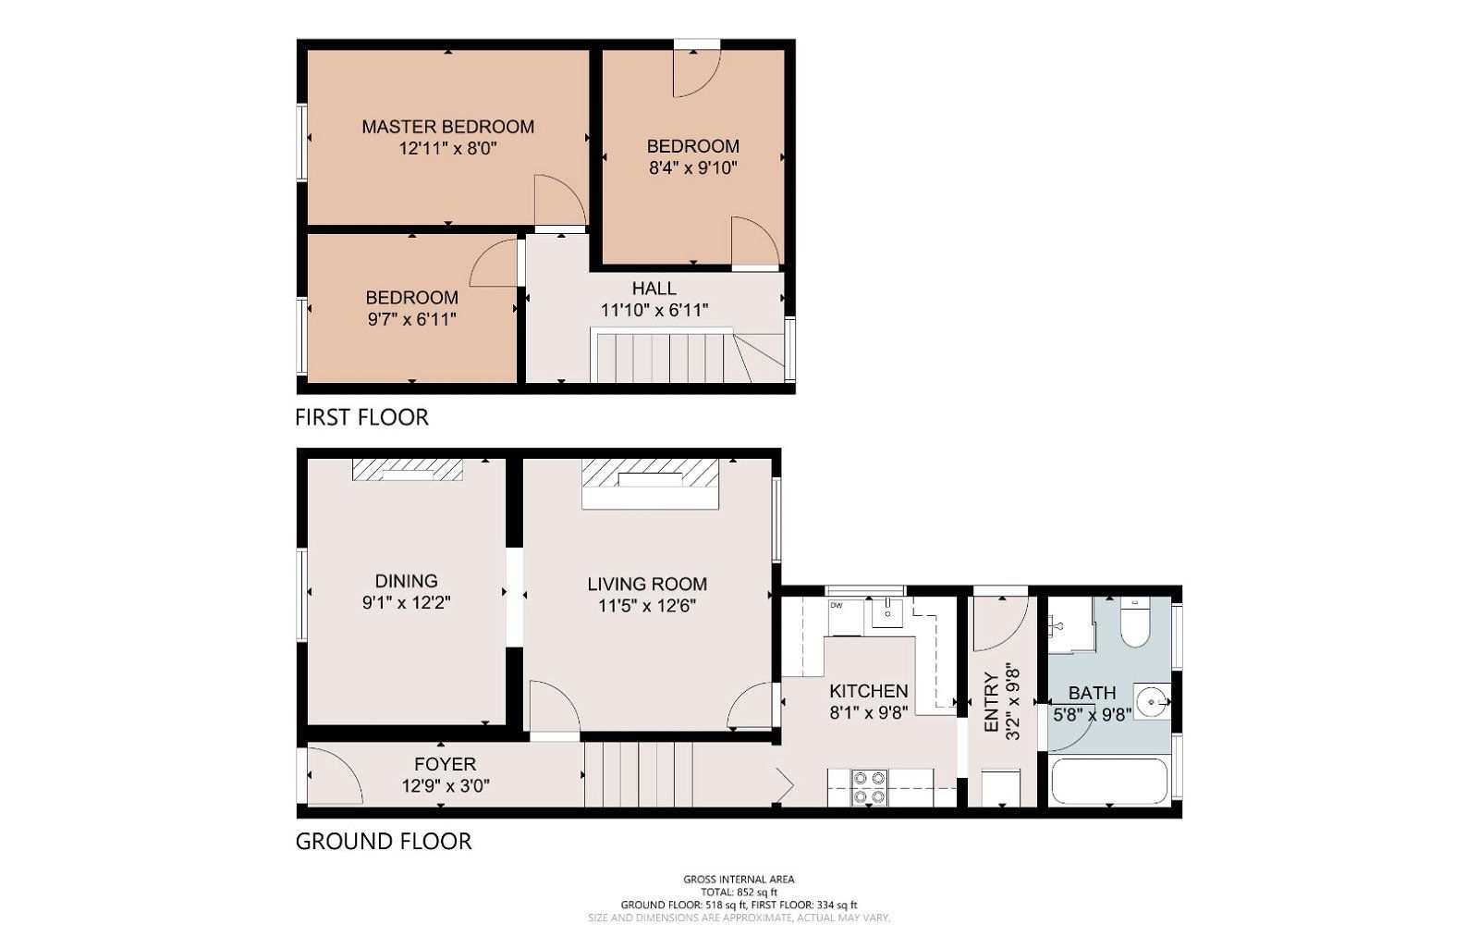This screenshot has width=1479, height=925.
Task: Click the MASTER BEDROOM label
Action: [x=447, y=127]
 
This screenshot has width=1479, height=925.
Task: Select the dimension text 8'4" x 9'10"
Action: [x=692, y=168]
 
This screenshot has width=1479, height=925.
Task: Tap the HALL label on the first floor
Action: [x=654, y=289]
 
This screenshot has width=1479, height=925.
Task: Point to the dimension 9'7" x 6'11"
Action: [x=411, y=320]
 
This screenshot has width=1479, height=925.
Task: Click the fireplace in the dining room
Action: [x=407, y=470]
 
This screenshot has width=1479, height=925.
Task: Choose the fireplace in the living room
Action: [x=650, y=478]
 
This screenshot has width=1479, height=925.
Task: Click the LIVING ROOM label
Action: [x=647, y=584]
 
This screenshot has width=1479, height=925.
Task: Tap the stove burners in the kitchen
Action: [x=869, y=787]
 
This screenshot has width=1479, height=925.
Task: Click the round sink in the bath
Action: [x=1152, y=701]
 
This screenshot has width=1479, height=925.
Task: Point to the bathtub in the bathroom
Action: [x=1108, y=783]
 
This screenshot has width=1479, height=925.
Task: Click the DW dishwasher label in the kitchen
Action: [x=837, y=606]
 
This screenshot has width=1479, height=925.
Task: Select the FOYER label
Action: [x=445, y=764]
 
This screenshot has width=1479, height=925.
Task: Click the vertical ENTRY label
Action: [x=991, y=703]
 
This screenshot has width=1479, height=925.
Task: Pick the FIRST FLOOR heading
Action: [x=361, y=417]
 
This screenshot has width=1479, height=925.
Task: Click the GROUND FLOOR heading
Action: [x=383, y=841]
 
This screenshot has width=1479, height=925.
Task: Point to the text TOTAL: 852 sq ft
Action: [x=739, y=892]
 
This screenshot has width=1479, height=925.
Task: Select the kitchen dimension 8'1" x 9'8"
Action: [x=868, y=712]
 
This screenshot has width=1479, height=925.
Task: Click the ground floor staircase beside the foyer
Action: [x=639, y=775]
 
